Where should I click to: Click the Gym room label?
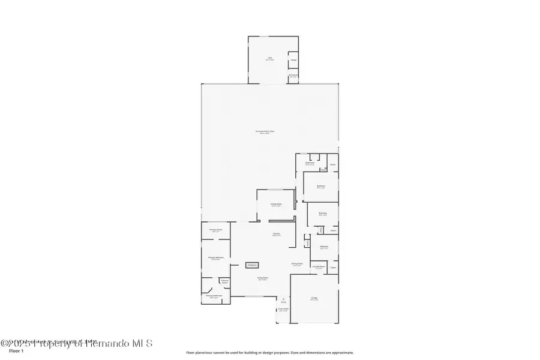[x=269, y=59]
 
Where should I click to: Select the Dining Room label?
[x=275, y=205]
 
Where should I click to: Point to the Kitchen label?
[x=277, y=234]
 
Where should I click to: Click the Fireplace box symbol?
[x=253, y=265]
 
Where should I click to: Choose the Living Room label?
[x=263, y=278]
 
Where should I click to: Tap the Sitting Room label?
[x=296, y=264]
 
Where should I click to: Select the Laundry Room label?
[x=319, y=267]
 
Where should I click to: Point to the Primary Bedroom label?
[x=215, y=259]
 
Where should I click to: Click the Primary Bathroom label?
[x=214, y=296]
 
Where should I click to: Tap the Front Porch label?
[x=283, y=310]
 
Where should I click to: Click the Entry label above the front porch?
[x=283, y=301]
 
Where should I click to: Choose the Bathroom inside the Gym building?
[x=293, y=76]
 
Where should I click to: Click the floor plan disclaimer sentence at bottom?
[x=270, y=353]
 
